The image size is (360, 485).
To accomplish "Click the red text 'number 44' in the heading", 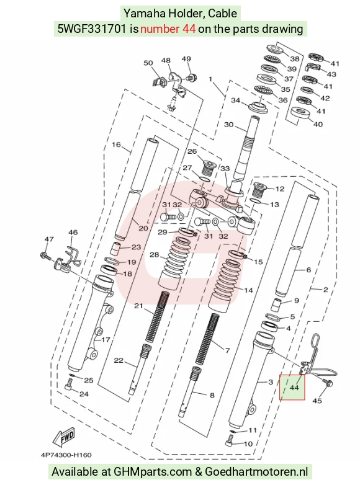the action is pyautogui.click(x=168, y=29).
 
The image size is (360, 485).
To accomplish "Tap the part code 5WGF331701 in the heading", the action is pyautogui.click(x=92, y=29).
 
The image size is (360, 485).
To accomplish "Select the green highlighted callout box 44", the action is pyautogui.click(x=292, y=387).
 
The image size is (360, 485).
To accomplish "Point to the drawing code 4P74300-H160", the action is pyautogui.click(x=66, y=455).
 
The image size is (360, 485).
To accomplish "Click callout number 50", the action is pyautogui.click(x=148, y=63).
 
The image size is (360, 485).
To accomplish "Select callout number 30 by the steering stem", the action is pyautogui.click(x=229, y=125).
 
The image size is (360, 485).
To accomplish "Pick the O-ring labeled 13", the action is pyautogui.click(x=254, y=202).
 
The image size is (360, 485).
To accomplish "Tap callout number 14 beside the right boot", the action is pyautogui.click(x=248, y=290).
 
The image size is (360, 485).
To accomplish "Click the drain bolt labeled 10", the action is pyautogui.click(x=230, y=438).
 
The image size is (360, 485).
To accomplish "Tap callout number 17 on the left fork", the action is pyautogui.click(x=106, y=340).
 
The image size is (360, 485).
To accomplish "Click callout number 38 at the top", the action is pyautogui.click(x=295, y=58).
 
